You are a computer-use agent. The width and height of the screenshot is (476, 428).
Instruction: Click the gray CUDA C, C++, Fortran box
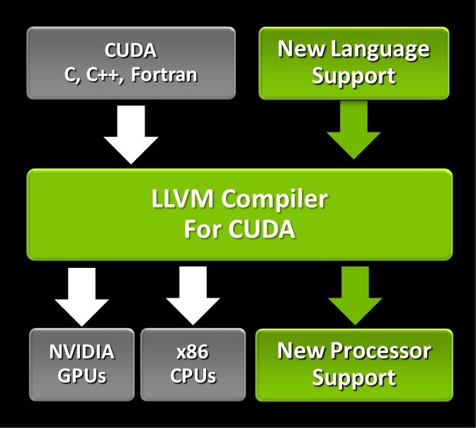(x=131, y=63)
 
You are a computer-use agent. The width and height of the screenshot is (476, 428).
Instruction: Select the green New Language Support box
(x=353, y=63)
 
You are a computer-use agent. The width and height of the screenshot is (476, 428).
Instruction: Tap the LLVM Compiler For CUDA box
(x=239, y=215)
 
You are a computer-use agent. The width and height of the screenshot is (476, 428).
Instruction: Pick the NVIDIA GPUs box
(x=81, y=364)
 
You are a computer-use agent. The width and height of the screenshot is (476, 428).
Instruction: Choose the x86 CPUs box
(x=193, y=364)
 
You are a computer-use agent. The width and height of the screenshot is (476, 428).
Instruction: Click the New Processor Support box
(x=353, y=364)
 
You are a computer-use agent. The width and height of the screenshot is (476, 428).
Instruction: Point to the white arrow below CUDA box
(x=131, y=135)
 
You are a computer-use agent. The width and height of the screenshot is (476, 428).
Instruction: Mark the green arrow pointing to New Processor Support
(x=353, y=293)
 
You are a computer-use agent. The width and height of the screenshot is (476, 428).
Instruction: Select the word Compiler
(x=278, y=201)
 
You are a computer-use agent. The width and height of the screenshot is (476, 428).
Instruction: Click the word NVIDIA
(x=81, y=351)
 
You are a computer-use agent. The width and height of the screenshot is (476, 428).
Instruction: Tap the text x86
(x=193, y=351)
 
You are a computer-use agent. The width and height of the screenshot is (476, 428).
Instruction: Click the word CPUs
(x=193, y=376)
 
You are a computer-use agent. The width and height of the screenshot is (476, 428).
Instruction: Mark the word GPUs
(x=81, y=376)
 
